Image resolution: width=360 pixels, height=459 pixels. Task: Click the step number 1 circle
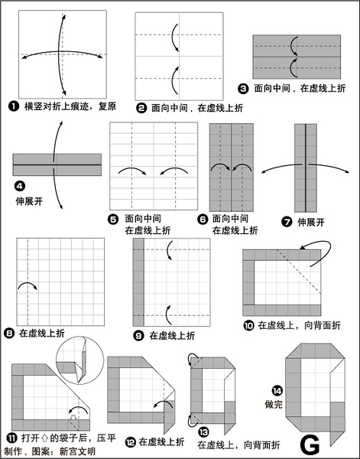[x=13, y=106]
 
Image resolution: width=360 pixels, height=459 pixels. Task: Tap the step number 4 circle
[x=19, y=186]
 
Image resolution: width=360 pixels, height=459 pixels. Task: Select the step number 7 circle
[x=287, y=222]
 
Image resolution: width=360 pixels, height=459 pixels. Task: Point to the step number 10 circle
[x=248, y=325]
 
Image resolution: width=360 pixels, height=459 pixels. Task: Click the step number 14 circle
[x=277, y=391]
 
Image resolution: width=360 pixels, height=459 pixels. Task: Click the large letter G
[x=310, y=444]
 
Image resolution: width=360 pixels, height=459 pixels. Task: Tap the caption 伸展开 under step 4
[x=29, y=201]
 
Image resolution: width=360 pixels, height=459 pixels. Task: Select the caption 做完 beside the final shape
[x=274, y=404]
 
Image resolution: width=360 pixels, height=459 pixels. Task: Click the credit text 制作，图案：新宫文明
[x=50, y=451]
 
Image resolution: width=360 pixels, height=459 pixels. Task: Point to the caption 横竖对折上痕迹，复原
[x=70, y=106]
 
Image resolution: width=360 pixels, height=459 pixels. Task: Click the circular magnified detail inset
[x=79, y=360]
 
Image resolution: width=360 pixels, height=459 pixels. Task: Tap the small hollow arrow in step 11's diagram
[x=73, y=417]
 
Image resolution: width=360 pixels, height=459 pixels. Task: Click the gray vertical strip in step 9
[x=138, y=282]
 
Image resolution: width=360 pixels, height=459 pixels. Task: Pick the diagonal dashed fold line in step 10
[x=299, y=272]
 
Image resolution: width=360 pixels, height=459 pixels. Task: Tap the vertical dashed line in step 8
[x=28, y=282]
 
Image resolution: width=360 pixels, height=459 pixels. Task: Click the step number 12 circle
[x=131, y=442]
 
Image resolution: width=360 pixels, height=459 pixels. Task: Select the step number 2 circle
[x=141, y=108]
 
